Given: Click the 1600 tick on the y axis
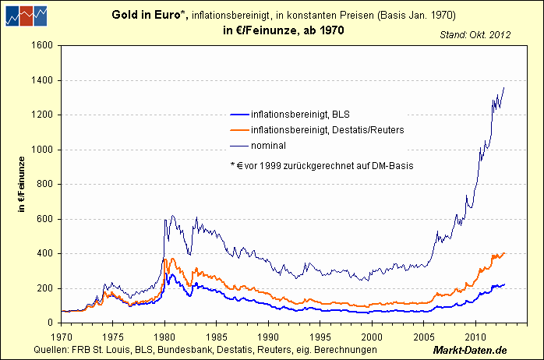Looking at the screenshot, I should coord(41,46).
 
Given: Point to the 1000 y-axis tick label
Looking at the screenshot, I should coord(41,150).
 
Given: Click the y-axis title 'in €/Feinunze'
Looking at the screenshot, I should coord(23,184).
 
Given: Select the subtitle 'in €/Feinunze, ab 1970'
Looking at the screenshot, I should coord(277,30).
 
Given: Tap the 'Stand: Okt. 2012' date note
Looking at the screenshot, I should coord(475,35).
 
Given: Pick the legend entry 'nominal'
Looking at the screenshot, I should coord(269,145).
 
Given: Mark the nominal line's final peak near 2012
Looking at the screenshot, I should coord(504,88).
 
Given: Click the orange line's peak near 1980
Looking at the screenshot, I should coord(164,259).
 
